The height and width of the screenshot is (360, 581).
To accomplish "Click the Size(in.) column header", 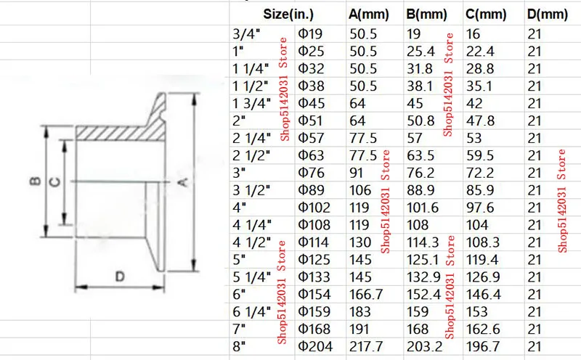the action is (288, 15).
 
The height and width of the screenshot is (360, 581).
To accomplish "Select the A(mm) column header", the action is (369, 15).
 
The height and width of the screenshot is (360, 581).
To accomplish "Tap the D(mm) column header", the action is (548, 15).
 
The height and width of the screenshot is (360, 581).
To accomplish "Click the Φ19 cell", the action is (311, 34).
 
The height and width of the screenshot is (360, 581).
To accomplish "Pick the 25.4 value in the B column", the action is (420, 52).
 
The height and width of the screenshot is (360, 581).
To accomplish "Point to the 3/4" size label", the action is (246, 34).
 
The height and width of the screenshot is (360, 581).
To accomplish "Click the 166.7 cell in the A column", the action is (366, 295).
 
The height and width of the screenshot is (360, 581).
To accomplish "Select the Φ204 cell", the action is (315, 347).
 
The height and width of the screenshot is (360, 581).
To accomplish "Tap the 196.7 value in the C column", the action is (484, 347).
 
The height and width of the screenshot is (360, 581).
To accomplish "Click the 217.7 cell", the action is (366, 347).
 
